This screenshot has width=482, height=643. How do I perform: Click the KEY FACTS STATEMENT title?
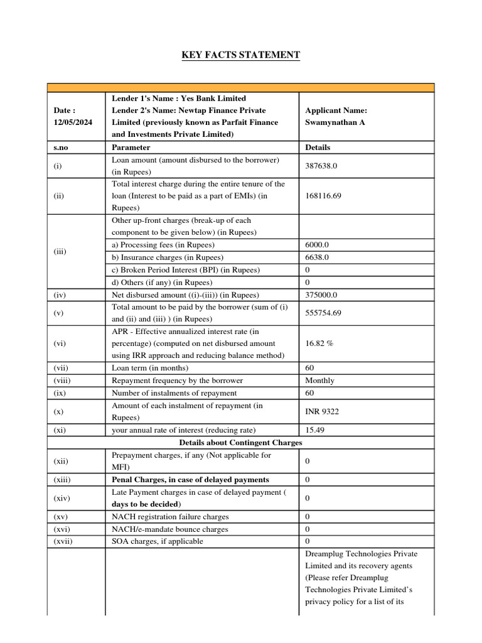click(x=241, y=55)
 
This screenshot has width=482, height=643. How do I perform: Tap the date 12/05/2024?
click(x=73, y=122)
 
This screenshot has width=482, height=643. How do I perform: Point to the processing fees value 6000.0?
click(x=317, y=245)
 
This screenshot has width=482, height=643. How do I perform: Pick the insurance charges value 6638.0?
click(x=317, y=257)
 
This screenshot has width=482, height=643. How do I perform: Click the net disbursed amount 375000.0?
click(x=321, y=294)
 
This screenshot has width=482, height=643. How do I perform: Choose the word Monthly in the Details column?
click(x=319, y=381)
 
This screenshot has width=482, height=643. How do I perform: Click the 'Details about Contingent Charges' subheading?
click(x=241, y=443)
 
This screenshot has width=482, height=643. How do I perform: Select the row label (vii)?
click(x=62, y=368)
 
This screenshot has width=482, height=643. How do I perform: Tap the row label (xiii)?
click(x=62, y=480)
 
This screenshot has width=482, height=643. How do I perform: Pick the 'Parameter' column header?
click(x=131, y=148)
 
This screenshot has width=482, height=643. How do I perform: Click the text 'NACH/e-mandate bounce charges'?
click(x=170, y=529)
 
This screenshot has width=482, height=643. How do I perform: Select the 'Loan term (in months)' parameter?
click(x=150, y=368)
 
